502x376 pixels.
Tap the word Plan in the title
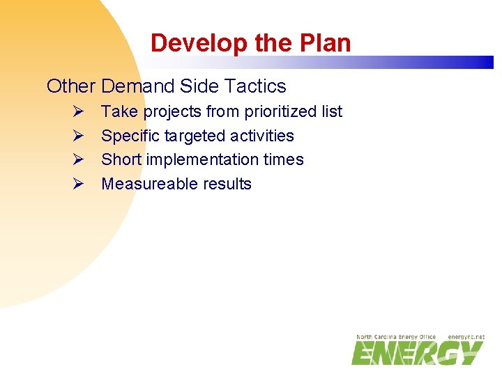click(326, 43)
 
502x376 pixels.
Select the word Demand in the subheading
click(137, 86)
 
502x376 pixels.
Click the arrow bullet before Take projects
click(78, 111)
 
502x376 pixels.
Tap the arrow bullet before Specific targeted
click(78, 136)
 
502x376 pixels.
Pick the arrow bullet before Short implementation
click(78, 159)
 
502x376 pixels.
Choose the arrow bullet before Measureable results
click(78, 184)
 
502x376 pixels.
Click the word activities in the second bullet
click(263, 136)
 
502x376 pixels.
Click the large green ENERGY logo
click(417, 353)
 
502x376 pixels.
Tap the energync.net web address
click(466, 337)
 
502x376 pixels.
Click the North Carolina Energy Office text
click(395, 337)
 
